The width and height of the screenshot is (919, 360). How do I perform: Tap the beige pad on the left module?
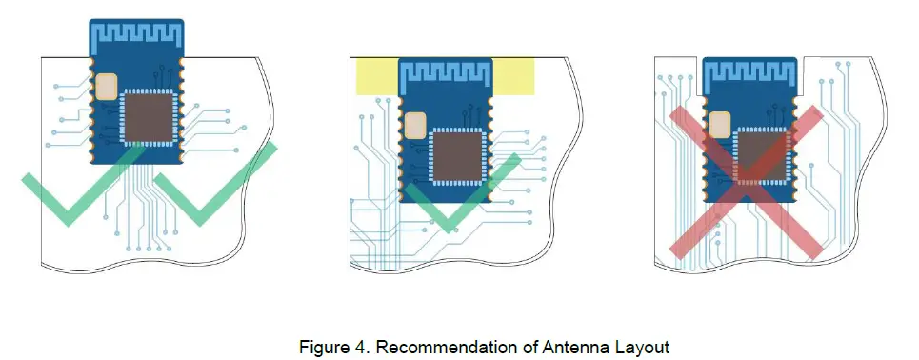click(104, 87)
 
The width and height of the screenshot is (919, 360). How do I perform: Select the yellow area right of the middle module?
click(514, 77)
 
